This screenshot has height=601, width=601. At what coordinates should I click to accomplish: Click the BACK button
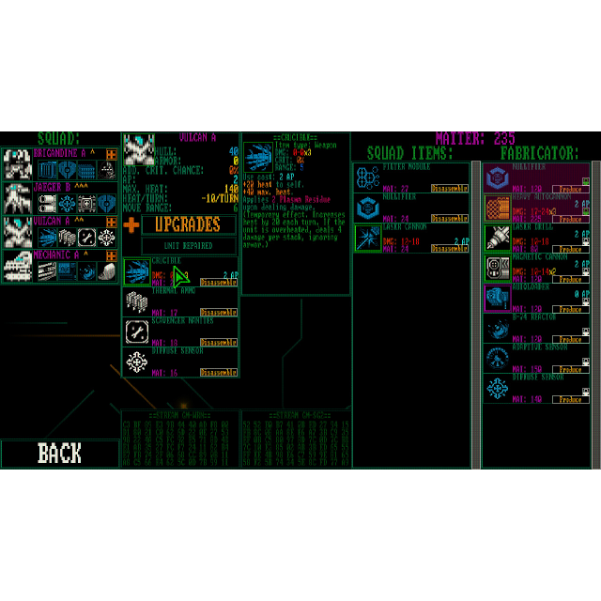pyautogui.click(x=59, y=454)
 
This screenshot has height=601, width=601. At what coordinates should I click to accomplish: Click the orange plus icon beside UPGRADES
pyautogui.click(x=131, y=225)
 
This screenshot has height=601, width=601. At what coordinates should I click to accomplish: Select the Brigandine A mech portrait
pyautogui.click(x=18, y=163)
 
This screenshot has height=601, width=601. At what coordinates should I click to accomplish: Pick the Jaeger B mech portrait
pyautogui.click(x=18, y=197)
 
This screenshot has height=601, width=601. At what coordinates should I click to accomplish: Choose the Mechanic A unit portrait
pyautogui.click(x=18, y=266)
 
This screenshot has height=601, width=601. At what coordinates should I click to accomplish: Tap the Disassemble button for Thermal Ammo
pyautogui.click(x=218, y=312)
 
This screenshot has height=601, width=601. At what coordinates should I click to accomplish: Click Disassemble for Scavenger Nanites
pyautogui.click(x=218, y=343)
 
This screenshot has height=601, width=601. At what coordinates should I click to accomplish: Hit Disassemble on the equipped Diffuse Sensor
pyautogui.click(x=218, y=373)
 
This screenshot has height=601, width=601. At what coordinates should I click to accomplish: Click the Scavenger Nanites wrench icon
pyautogui.click(x=138, y=331)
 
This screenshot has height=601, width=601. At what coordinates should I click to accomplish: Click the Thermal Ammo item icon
pyautogui.click(x=138, y=301)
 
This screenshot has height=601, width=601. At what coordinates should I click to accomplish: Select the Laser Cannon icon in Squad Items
pyautogui.click(x=367, y=239)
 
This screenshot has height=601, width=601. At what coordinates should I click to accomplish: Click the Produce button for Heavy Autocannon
pyautogui.click(x=570, y=219)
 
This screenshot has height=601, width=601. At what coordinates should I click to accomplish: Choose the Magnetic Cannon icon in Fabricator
pyautogui.click(x=497, y=269)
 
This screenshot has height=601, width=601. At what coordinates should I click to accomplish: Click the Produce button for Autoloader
pyautogui.click(x=570, y=309)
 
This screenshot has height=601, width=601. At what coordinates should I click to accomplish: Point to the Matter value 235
pyautogui.click(x=504, y=138)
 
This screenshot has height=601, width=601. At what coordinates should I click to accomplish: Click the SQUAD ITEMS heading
pyautogui.click(x=410, y=153)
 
